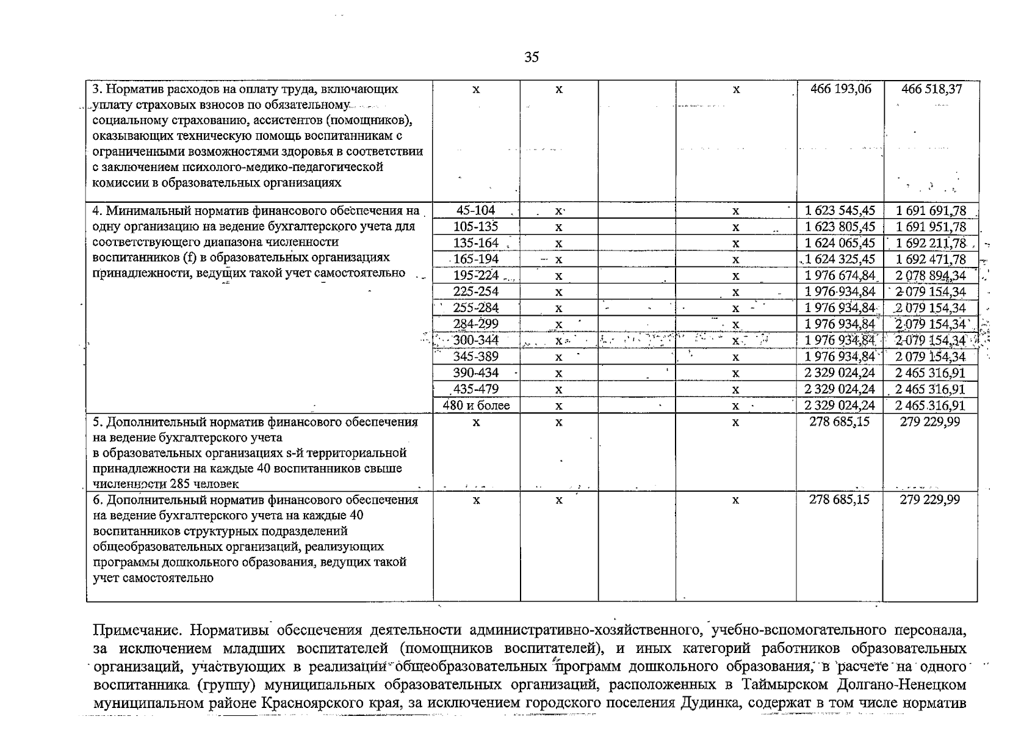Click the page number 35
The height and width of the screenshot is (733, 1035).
pyautogui.click(x=532, y=57)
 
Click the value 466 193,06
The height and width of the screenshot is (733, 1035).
pyautogui.click(x=840, y=89)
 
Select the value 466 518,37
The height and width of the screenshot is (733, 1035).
pyautogui.click(x=931, y=89)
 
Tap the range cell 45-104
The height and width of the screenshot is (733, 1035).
pyautogui.click(x=476, y=211)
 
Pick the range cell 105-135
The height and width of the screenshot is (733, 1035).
pyautogui.click(x=476, y=227)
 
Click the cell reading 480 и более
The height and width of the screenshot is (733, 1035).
pyautogui.click(x=477, y=406)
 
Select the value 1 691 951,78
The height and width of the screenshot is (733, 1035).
pyautogui.click(x=931, y=227)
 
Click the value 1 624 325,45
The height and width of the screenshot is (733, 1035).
pyautogui.click(x=840, y=260)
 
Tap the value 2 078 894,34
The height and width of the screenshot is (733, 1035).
pyautogui.click(x=931, y=276)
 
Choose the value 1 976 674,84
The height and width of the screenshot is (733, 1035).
pyautogui.click(x=840, y=276)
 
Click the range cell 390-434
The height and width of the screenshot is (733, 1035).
pyautogui.click(x=476, y=373)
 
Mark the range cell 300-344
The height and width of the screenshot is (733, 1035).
pyautogui.click(x=476, y=340)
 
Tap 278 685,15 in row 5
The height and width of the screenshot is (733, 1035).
pyautogui.click(x=840, y=422)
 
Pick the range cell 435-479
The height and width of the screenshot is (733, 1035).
pyautogui.click(x=476, y=389)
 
